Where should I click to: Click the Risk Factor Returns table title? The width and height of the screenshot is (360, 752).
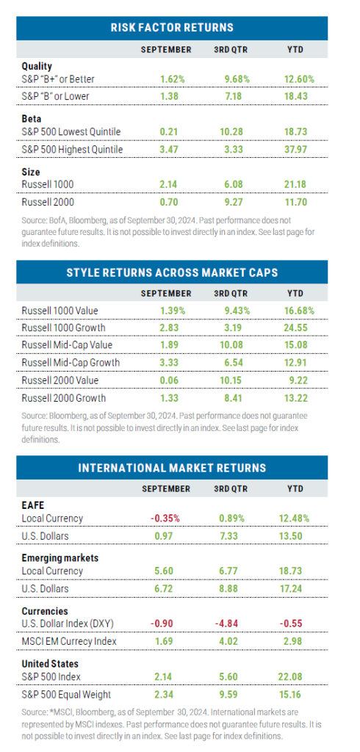(172, 28)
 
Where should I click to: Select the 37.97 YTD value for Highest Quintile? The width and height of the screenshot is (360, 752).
(298, 149)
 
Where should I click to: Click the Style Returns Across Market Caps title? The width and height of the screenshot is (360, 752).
(172, 272)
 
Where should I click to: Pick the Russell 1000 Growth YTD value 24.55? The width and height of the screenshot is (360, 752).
(298, 327)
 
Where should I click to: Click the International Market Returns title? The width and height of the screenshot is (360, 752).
(172, 468)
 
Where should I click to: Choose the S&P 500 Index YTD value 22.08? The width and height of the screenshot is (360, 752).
(298, 676)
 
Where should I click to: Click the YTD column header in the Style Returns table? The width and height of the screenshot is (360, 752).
(298, 293)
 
